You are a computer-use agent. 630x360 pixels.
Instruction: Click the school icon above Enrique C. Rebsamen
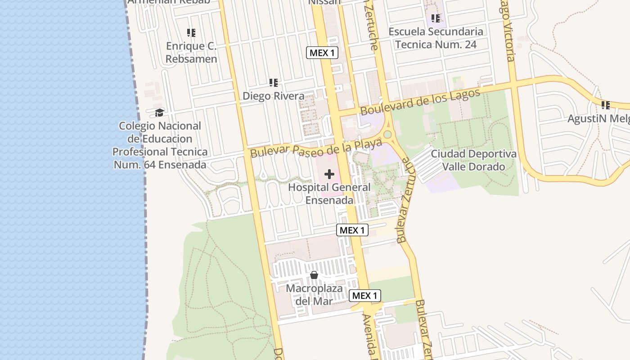tap(191, 33)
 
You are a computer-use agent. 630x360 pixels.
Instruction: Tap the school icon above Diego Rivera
tap(274, 83)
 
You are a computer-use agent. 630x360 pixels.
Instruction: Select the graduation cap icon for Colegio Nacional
tap(159, 112)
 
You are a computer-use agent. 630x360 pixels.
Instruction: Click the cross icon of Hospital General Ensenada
tap(329, 174)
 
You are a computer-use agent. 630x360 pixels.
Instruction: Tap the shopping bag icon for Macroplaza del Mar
tap(314, 274)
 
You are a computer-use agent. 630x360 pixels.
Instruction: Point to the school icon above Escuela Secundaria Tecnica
tap(435, 18)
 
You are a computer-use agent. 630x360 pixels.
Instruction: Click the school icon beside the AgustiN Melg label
tap(606, 105)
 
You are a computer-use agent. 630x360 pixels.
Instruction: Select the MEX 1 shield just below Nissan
tap(322, 53)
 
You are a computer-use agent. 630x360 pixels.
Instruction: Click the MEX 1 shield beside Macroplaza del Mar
tap(365, 296)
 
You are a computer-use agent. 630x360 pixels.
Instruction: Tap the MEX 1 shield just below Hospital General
tap(352, 230)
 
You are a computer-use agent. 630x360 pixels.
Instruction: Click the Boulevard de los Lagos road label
tap(420, 102)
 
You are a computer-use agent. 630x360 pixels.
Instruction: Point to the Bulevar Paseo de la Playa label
tap(316, 148)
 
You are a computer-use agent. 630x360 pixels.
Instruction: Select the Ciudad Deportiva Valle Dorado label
tap(473, 160)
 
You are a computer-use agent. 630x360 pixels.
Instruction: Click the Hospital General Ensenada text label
tap(329, 193)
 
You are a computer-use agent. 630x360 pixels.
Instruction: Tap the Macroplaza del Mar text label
tap(314, 294)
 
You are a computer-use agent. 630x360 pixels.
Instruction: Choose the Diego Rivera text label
tap(274, 96)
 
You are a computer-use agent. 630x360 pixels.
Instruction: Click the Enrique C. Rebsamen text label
tap(191, 52)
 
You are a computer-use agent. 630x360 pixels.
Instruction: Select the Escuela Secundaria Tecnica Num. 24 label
tap(436, 38)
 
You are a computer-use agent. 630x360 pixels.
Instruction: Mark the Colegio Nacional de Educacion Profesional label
tap(160, 145)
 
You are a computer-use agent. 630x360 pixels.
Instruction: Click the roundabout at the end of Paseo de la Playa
tap(387, 135)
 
